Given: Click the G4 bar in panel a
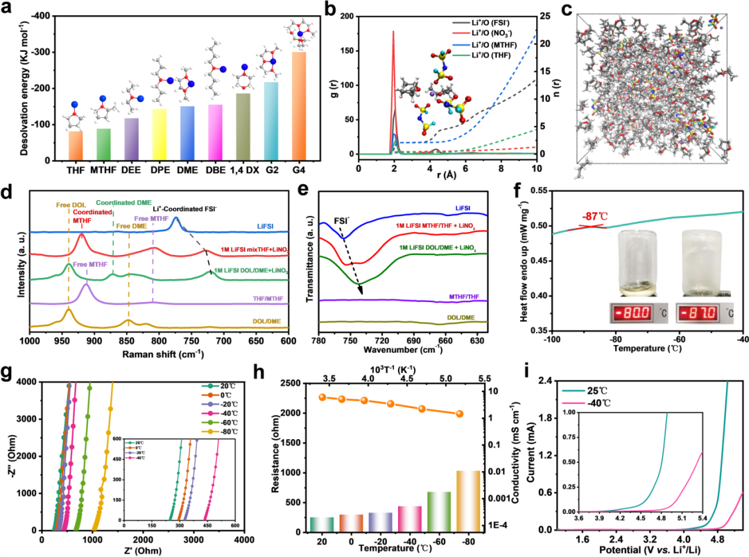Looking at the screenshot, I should (299, 106).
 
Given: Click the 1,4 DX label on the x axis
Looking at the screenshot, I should (243, 170).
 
